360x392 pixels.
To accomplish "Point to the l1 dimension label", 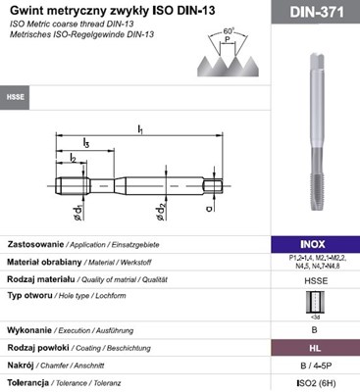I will [x=140, y=127].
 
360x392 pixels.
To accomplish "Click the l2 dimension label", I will [x=73, y=158].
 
